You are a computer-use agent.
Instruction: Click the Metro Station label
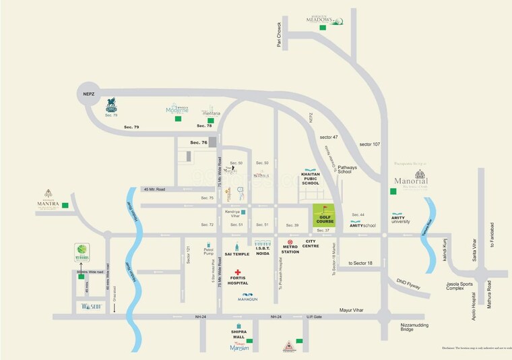[x=290, y=249]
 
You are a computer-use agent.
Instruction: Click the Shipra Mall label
[x=238, y=335]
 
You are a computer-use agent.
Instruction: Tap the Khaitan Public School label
[x=311, y=178]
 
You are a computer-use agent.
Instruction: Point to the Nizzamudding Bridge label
[x=416, y=326]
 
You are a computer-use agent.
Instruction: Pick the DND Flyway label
[x=408, y=286]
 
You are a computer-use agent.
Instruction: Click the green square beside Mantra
[x=65, y=206]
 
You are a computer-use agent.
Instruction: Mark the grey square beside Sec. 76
[x=213, y=142]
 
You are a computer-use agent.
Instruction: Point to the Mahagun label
[x=248, y=299]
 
